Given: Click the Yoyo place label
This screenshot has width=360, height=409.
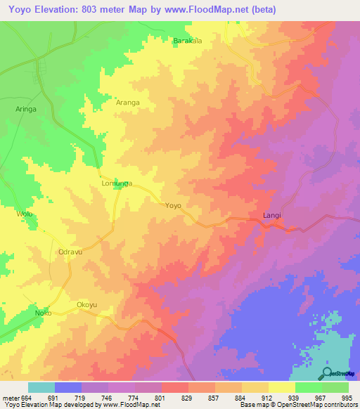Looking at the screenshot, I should coord(173,206).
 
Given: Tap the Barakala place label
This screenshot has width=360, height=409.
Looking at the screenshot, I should coord(188,41).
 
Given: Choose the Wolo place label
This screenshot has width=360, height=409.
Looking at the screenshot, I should coord(25,214).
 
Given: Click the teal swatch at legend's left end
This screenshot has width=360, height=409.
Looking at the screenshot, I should coord(41,387).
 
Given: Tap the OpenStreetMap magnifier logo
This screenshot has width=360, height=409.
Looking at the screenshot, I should coord(328,372).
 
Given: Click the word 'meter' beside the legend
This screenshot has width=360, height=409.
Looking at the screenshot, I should coord(11,397).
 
